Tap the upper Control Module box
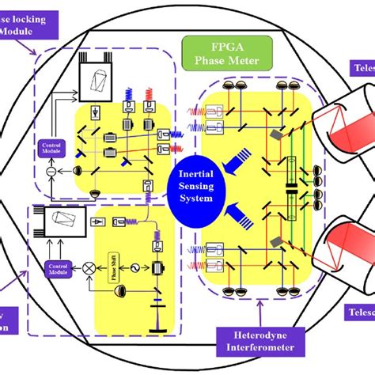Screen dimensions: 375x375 click(x=50, y=147)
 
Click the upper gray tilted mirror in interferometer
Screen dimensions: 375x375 click(x=274, y=136)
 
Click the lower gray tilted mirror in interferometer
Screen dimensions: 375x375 click(x=274, y=241)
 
